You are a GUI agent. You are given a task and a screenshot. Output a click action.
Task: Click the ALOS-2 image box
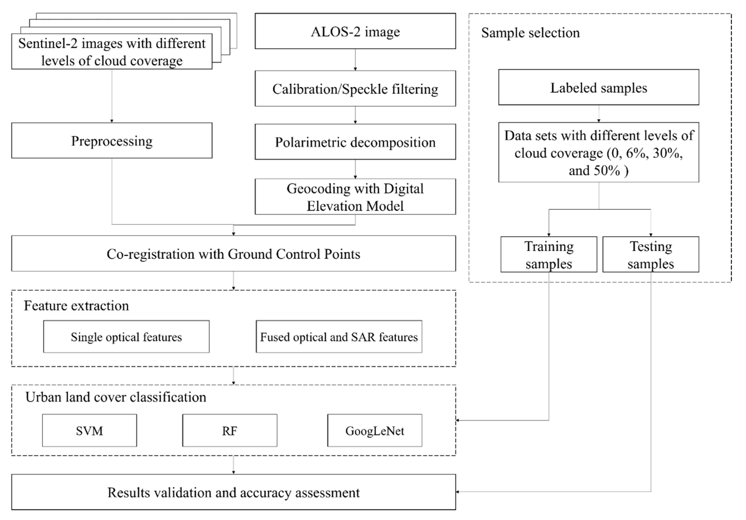[355, 31]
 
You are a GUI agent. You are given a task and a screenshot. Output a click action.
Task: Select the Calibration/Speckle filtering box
[355, 89]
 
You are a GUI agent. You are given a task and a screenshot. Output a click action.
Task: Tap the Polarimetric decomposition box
[355, 142]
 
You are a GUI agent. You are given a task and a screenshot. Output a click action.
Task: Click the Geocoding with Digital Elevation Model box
[355, 197]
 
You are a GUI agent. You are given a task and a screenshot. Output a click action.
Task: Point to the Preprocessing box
[112, 141]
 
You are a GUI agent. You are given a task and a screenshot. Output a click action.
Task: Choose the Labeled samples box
[598, 88]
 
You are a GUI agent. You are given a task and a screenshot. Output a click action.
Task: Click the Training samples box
[549, 254]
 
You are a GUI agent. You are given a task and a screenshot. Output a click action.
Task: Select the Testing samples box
[651, 254]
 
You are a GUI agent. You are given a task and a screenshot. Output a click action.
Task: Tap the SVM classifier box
[89, 431]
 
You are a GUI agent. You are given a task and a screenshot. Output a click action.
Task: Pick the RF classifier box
[230, 431]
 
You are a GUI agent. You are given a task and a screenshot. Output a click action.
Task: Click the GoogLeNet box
[375, 431]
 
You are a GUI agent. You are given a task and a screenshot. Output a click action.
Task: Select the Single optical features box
[126, 337]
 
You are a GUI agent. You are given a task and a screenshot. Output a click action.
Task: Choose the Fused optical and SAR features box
[339, 337]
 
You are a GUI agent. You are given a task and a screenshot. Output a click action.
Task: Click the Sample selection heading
[530, 33]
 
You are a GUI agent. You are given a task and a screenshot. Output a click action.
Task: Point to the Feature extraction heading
[76, 305]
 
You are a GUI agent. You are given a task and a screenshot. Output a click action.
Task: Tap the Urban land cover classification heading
[116, 397]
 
